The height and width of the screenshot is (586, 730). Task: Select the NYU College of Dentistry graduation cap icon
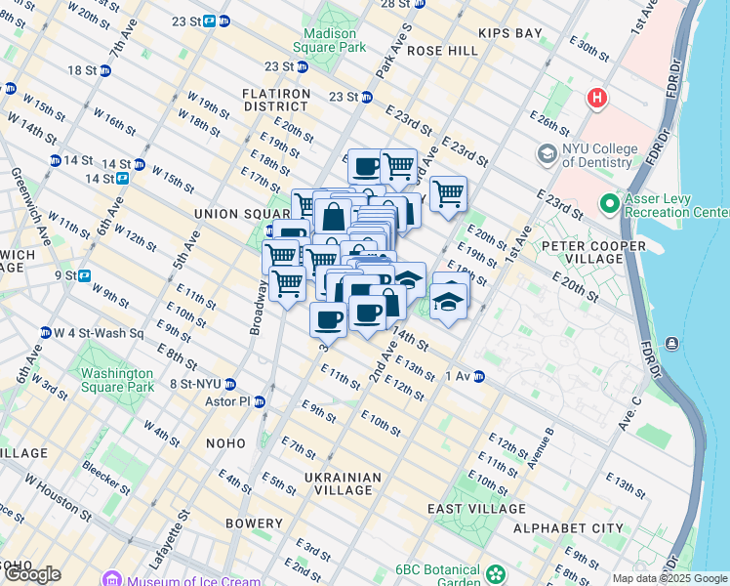547,154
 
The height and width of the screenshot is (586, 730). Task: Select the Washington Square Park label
117,380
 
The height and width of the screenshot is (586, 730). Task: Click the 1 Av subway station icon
478,376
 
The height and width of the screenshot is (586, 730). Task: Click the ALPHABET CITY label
581,528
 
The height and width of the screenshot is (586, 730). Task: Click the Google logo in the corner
32,574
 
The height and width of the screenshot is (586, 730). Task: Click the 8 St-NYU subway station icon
230,384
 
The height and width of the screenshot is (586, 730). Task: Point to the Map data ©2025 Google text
669,578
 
